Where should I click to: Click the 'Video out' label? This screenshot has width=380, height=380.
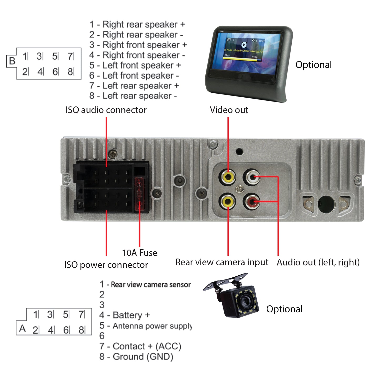click(229, 110)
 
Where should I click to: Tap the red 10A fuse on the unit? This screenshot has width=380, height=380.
click(139, 194)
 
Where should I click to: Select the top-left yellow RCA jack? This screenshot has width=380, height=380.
click(228, 177)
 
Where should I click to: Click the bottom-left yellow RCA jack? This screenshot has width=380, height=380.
click(228, 202)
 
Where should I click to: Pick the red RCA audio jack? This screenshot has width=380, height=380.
click(252, 202)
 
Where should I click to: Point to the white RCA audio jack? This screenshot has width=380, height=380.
click(252, 177)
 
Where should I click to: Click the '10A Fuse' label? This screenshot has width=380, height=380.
click(139, 253)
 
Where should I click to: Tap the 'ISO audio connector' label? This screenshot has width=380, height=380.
click(106, 110)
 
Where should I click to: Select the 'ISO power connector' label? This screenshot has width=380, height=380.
click(106, 265)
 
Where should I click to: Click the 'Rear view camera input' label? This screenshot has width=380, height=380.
click(222, 262)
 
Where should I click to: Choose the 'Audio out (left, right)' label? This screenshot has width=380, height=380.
click(318, 262)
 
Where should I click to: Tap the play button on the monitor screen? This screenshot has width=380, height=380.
click(244, 45)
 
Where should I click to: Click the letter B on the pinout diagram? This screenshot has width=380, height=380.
click(12, 61)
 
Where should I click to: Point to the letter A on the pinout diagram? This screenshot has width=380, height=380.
click(22, 328)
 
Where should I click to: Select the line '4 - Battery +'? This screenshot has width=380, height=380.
click(125, 315)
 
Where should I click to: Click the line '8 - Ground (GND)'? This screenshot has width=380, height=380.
click(136, 357)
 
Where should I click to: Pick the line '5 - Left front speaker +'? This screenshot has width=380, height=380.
click(135, 65)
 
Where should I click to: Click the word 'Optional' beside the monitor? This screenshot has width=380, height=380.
click(313, 65)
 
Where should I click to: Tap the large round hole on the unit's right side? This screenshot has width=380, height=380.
click(326, 204)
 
